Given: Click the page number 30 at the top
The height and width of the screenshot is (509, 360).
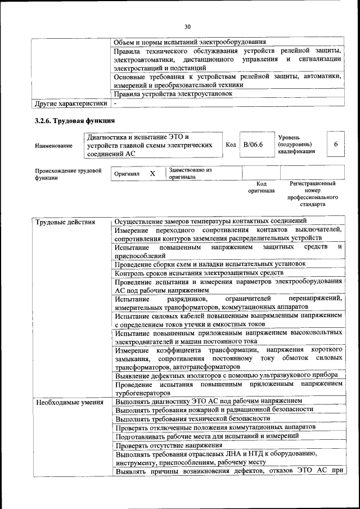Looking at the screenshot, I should point(188,26).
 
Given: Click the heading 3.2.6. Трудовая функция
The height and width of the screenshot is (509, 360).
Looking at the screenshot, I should point(75,120).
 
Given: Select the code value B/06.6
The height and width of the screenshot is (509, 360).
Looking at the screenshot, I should point(253,145).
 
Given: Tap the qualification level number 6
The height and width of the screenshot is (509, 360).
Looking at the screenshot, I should point(335,145).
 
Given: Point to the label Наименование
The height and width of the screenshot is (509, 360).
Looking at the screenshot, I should point(53,146).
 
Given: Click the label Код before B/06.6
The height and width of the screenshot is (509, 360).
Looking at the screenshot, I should point(231,145).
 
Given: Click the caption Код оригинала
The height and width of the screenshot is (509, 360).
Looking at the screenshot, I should point(261,187).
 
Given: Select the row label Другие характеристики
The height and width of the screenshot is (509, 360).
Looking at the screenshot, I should point(70,103).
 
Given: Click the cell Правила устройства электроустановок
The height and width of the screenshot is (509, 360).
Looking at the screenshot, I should point(173,93).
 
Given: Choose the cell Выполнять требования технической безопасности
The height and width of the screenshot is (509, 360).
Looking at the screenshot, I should point(189,418).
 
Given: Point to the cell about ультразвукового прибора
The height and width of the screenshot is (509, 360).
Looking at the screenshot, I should point(226,375).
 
